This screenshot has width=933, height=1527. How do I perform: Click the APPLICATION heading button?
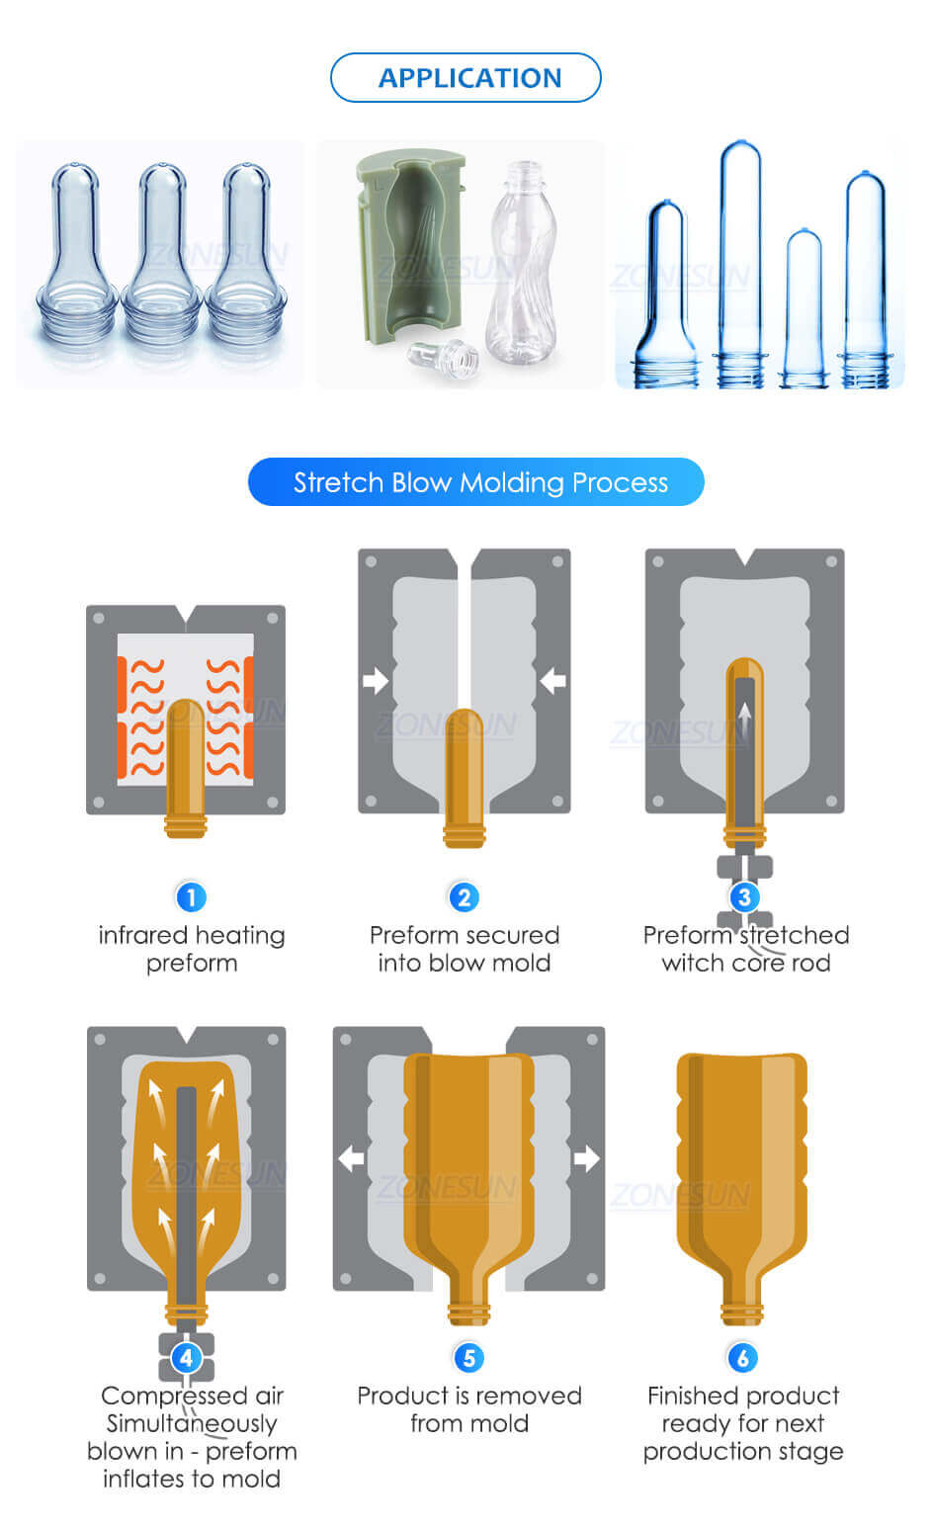(466, 78)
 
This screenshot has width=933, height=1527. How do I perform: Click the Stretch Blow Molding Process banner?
(476, 482)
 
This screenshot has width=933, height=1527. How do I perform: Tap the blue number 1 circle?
(191, 897)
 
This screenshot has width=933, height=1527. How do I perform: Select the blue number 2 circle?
(464, 897)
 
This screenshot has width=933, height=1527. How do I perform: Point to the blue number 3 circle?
(744, 897)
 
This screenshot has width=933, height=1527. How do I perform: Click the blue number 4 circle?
(187, 1358)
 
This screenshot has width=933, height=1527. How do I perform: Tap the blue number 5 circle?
(469, 1358)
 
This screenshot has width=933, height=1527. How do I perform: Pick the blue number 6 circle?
(742, 1358)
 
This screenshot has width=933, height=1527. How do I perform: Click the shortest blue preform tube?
(805, 306)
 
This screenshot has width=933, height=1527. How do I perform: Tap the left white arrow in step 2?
(376, 680)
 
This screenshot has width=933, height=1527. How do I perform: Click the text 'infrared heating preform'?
(192, 949)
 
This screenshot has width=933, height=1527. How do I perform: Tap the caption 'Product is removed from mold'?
(469, 1409)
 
